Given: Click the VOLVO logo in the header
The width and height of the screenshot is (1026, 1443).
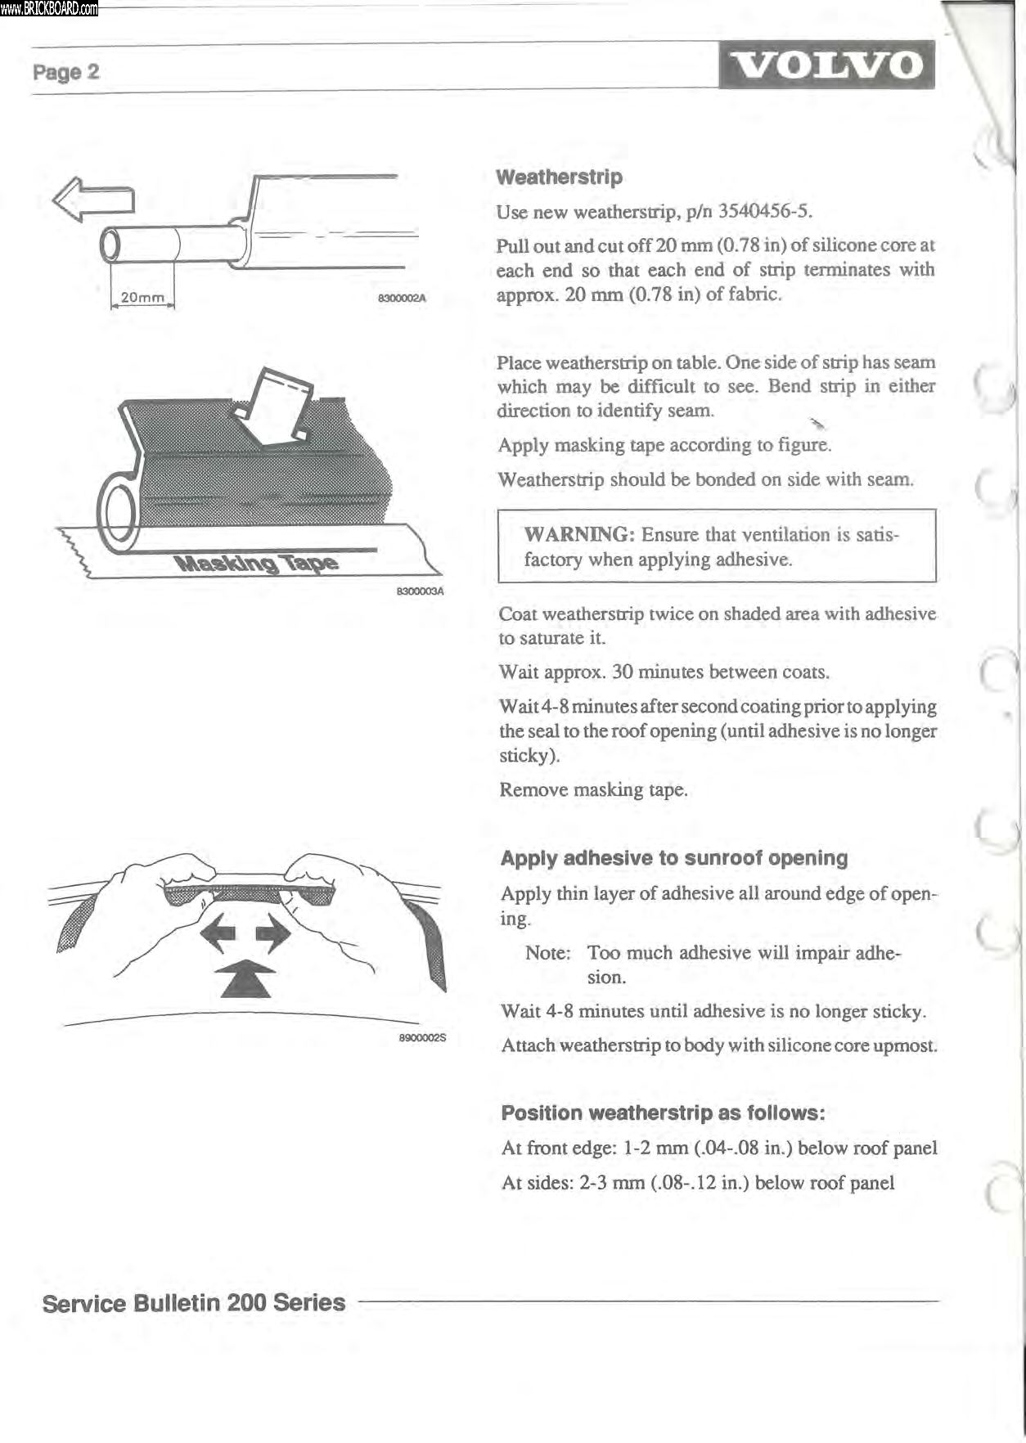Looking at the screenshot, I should tap(826, 65).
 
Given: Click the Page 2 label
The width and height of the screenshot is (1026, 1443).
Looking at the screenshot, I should tap(65, 72).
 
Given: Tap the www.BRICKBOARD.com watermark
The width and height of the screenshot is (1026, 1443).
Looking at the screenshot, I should tap(49, 9).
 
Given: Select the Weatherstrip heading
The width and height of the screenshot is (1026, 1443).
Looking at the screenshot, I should tap(559, 177).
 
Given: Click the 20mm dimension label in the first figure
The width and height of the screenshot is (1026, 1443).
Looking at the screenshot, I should tap(142, 298).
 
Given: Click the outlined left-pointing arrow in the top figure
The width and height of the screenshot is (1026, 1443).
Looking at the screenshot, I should tap(92, 199).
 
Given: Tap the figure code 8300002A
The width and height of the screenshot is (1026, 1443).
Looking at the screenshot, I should tap(402, 299).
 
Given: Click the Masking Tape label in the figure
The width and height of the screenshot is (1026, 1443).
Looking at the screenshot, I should tap(256, 563).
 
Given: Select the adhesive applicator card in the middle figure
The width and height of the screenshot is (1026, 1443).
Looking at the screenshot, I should tap(274, 407).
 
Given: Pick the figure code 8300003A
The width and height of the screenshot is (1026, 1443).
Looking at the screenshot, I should tap(419, 591).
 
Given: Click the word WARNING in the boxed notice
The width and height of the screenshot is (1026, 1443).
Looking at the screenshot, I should tap(579, 534).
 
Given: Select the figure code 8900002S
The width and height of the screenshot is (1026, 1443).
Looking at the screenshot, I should tap(422, 1038).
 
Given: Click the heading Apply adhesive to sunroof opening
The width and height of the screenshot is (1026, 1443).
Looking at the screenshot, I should tap(673, 858).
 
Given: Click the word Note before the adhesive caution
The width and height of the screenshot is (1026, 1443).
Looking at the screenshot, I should tap(547, 953).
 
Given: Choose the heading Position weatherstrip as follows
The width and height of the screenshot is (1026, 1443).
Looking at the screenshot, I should tap(663, 1113).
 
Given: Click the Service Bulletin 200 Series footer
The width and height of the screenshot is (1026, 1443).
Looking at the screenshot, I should tap(194, 1303).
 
